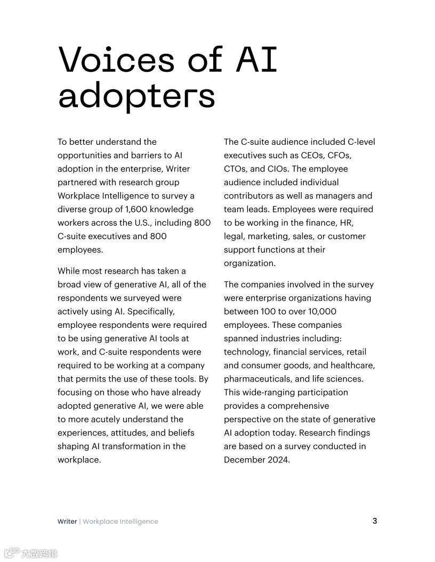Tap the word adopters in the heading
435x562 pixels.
click(136, 96)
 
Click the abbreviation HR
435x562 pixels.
click(347, 222)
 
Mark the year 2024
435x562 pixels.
click(278, 460)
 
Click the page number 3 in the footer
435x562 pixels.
click(375, 520)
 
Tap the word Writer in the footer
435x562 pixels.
click(67, 522)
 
